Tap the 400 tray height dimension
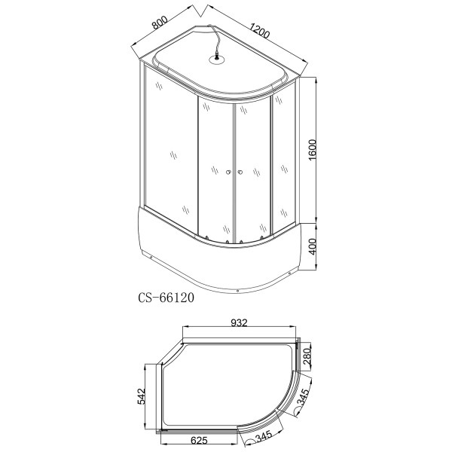[319, 247]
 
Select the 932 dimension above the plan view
[240, 323]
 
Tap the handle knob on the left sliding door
[225, 173]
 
